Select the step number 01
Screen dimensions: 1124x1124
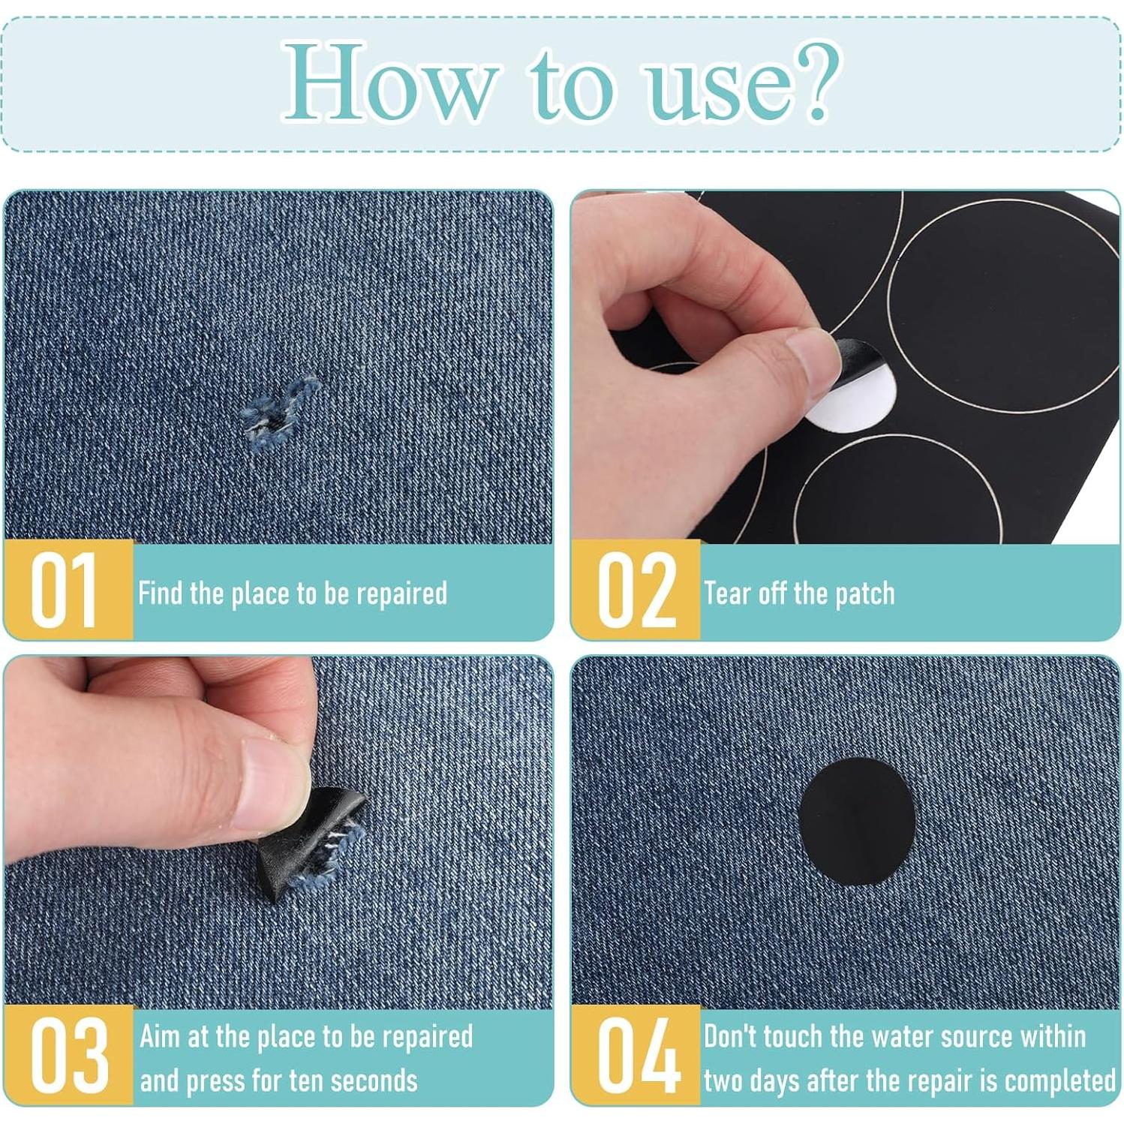pos(65,591)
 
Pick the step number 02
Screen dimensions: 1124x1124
pos(636,591)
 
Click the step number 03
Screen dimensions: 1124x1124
pos(69,1056)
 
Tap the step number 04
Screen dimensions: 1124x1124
pos(638,1056)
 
